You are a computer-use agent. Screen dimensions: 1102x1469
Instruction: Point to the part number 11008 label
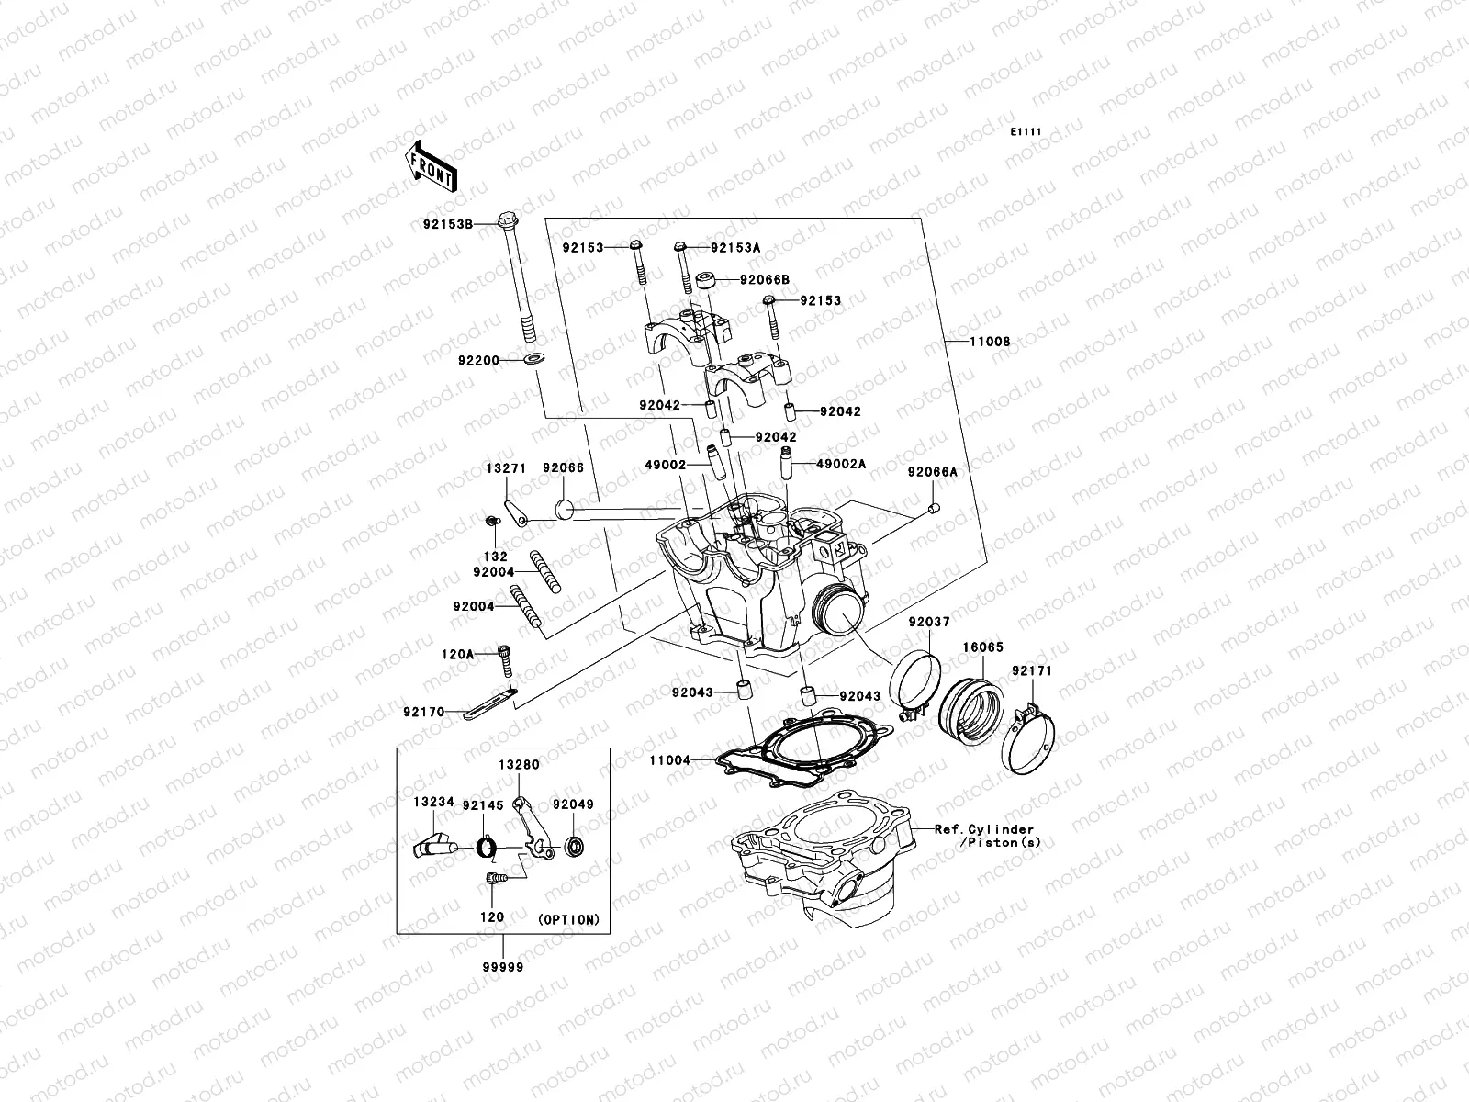tap(990, 342)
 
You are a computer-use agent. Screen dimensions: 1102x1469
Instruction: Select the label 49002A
tap(841, 465)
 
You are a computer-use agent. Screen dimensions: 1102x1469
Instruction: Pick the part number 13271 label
tap(505, 468)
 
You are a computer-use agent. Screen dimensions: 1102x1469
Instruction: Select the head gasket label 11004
tap(669, 760)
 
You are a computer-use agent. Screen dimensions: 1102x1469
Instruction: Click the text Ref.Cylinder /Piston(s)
tap(987, 835)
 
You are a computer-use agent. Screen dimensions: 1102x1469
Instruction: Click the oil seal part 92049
tap(574, 846)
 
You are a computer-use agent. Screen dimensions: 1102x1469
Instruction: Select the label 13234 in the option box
tap(432, 802)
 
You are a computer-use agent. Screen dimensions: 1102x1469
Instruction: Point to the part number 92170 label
tap(422, 711)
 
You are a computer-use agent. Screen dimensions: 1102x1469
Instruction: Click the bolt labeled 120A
tap(504, 656)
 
